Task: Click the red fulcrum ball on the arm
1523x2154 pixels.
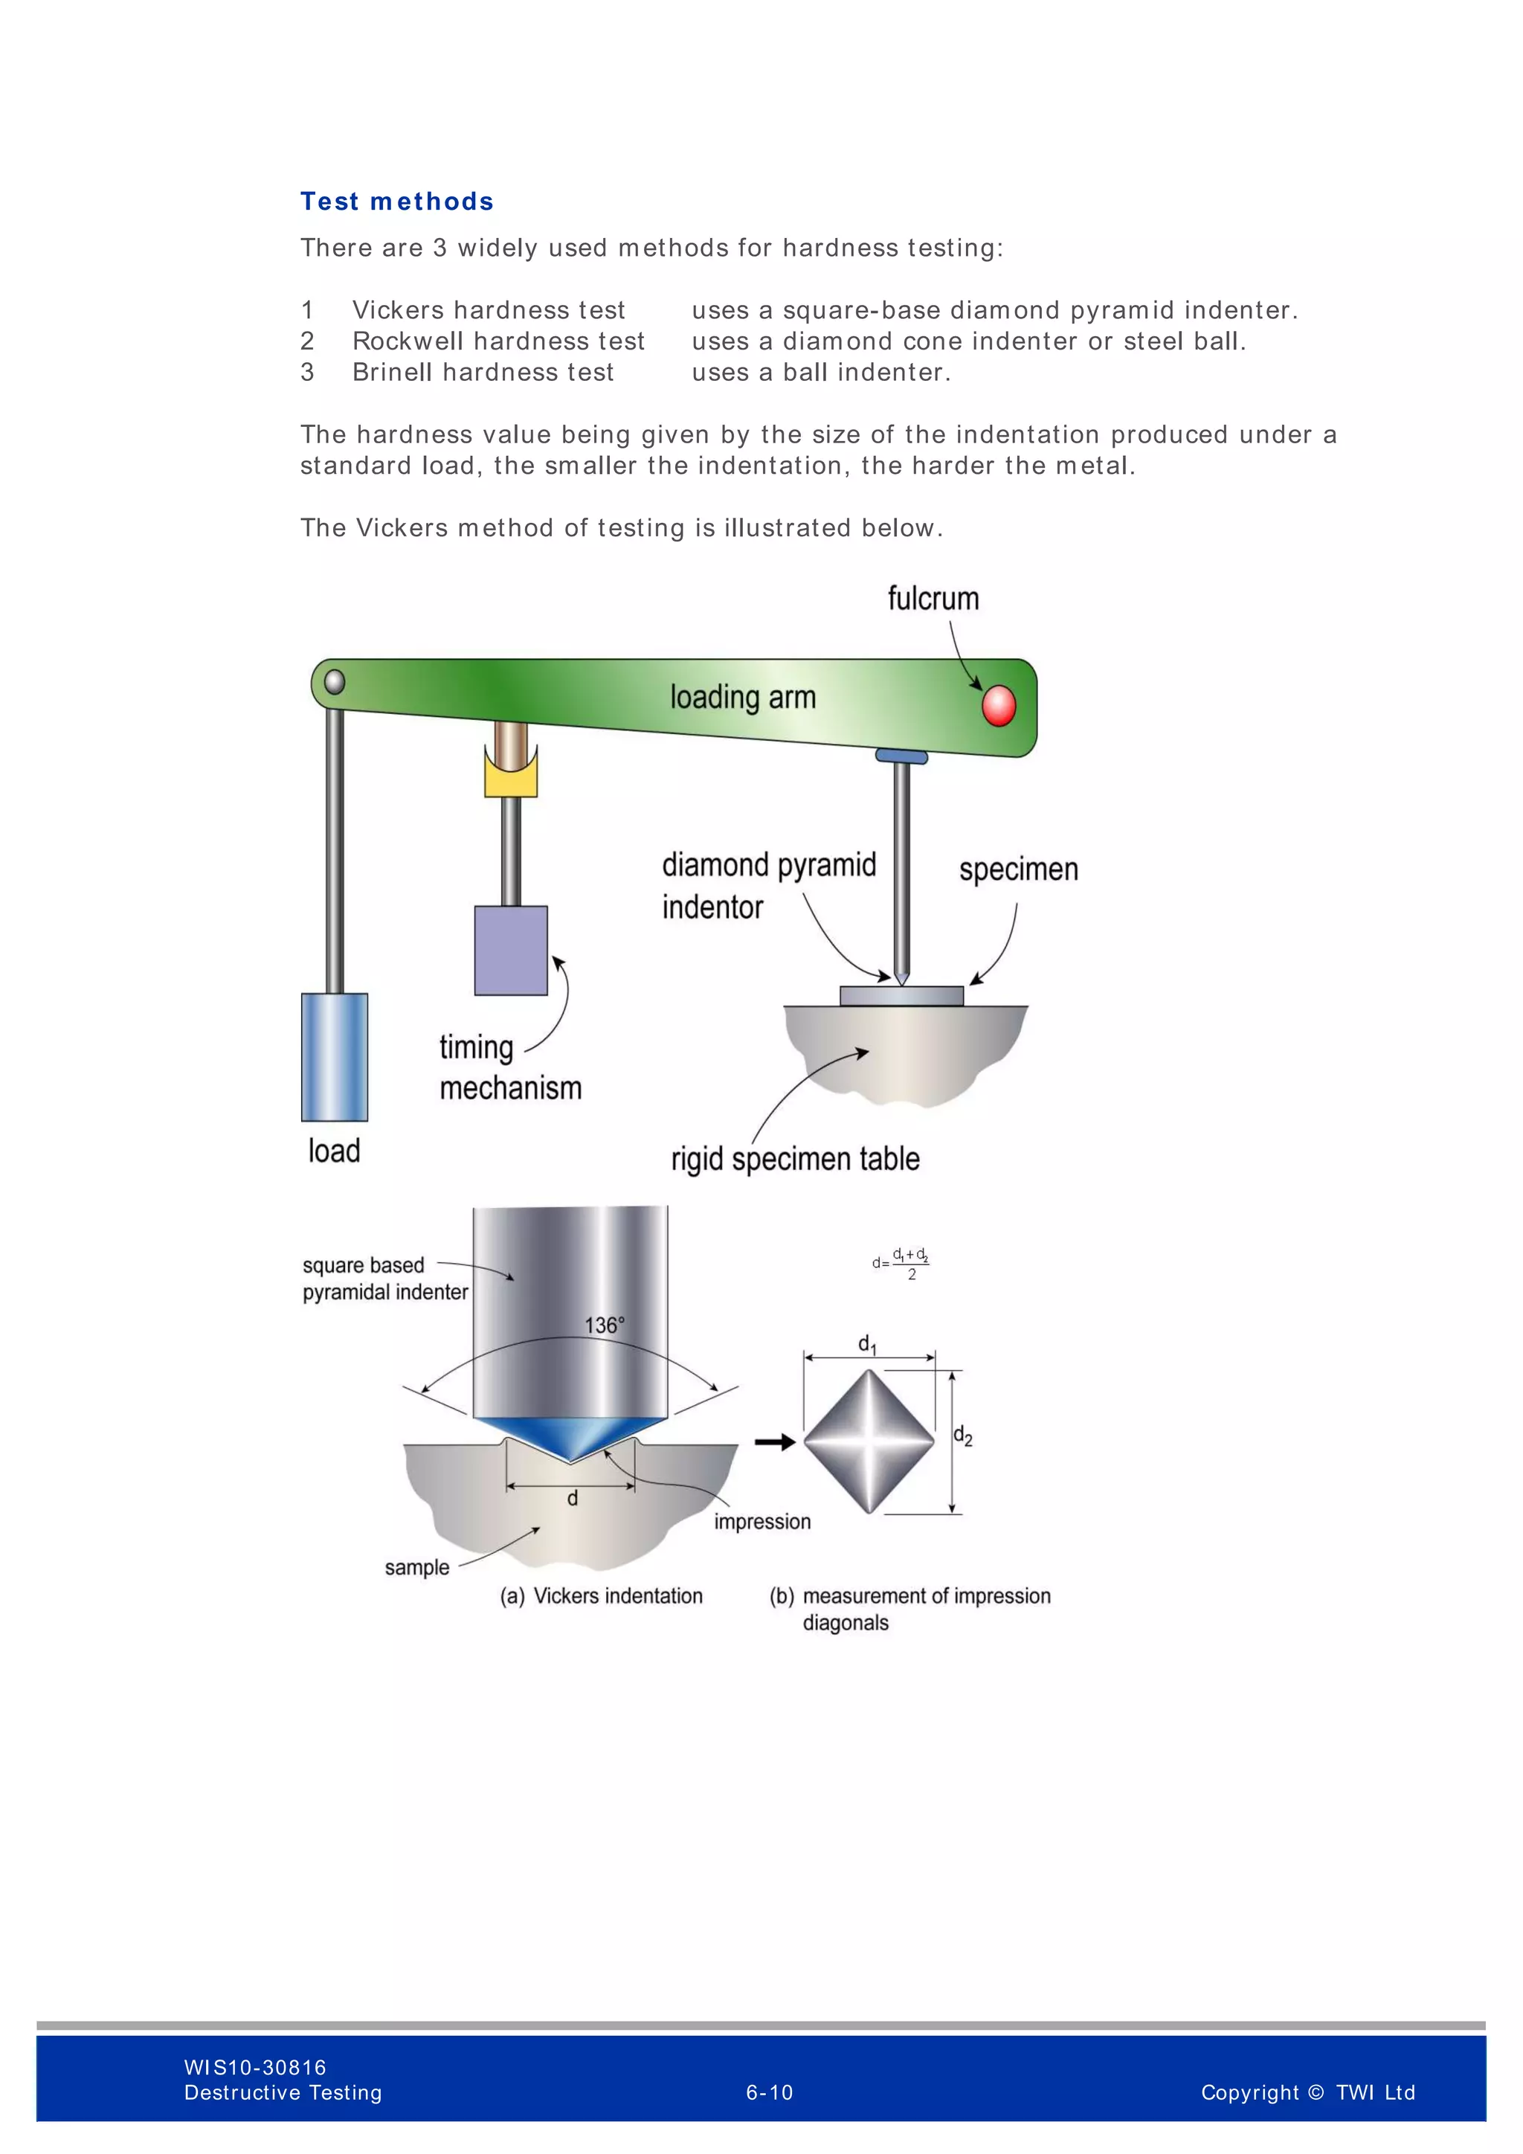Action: click(x=998, y=706)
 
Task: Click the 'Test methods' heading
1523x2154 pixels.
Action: click(x=396, y=202)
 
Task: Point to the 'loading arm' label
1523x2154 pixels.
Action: click(x=743, y=697)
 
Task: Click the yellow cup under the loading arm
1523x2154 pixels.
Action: click(x=511, y=775)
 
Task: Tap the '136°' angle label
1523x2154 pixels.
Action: click(x=604, y=1325)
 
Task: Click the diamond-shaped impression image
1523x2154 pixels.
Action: click(x=869, y=1442)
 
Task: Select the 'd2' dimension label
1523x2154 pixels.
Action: click(x=963, y=1436)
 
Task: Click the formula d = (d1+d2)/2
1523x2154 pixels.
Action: click(x=901, y=1263)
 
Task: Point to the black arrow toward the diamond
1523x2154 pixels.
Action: click(x=775, y=1442)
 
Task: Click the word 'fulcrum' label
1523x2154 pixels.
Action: click(x=933, y=599)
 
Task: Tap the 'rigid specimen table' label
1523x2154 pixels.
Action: click(x=795, y=1160)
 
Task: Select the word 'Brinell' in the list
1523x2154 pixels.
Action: click(x=392, y=373)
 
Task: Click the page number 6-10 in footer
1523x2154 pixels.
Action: click(x=769, y=2092)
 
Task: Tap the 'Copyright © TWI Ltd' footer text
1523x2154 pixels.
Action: click(x=1307, y=2092)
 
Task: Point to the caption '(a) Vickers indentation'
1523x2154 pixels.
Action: click(x=601, y=1596)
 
